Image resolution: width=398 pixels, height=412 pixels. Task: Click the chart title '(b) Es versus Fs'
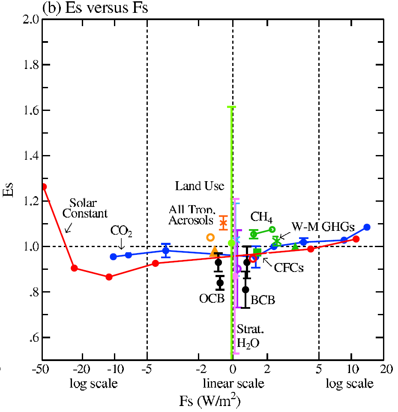(96, 8)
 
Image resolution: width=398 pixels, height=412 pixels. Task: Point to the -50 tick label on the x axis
(42, 369)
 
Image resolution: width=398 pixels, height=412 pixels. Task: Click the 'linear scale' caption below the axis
(233, 383)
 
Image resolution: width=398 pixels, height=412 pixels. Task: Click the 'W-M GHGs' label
(323, 227)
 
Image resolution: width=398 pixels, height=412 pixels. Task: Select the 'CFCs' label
(289, 268)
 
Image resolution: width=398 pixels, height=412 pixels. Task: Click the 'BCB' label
(263, 300)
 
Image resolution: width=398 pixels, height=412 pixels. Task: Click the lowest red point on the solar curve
(109, 277)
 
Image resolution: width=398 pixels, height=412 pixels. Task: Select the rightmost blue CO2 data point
(367, 227)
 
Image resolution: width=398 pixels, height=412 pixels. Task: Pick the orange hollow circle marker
(210, 237)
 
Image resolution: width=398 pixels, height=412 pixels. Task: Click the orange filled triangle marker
(215, 251)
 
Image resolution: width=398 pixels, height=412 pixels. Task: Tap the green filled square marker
(257, 252)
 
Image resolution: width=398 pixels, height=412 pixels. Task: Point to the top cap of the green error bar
(231, 107)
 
